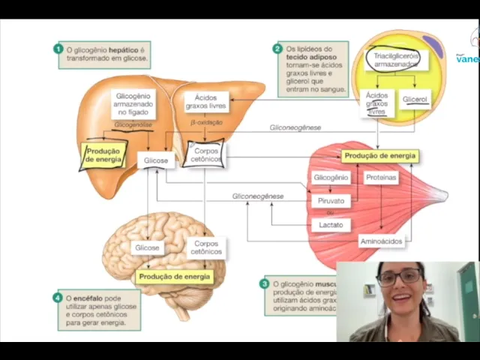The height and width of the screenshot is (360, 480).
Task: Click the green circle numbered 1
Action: pyautogui.click(x=58, y=49)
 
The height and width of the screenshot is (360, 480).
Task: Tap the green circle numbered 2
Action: pyautogui.click(x=277, y=49)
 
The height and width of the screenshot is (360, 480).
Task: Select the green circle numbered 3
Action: pyautogui.click(x=264, y=284)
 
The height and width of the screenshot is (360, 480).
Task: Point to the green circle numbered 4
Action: pyautogui.click(x=58, y=298)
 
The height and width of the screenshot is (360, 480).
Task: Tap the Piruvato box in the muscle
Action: pyautogui.click(x=330, y=201)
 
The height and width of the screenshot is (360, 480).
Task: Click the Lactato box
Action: pyautogui.click(x=330, y=224)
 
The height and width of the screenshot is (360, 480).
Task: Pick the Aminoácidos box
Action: pyautogui.click(x=381, y=241)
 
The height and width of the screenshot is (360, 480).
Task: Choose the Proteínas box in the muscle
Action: pyautogui.click(x=381, y=178)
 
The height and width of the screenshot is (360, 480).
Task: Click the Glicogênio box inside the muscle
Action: pyautogui.click(x=330, y=178)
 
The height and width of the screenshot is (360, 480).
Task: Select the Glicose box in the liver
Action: pyautogui.click(x=156, y=160)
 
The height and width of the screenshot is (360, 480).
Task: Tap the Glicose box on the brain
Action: pyautogui.click(x=147, y=247)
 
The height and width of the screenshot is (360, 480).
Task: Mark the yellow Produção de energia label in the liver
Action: pyautogui.click(x=103, y=154)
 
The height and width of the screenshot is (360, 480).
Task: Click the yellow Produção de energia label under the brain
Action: pyautogui.click(x=175, y=277)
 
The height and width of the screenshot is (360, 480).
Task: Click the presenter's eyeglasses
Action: pyautogui.click(x=398, y=277)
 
